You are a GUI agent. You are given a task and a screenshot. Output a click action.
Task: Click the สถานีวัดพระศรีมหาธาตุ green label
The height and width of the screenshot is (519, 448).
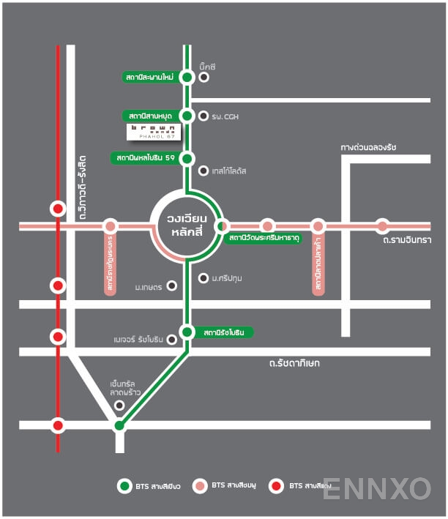[x=264, y=239]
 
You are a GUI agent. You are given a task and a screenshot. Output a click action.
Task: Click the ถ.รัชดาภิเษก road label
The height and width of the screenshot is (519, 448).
[x=294, y=363]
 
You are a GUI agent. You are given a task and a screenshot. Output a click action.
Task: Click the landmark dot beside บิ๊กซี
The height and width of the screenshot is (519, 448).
[x=204, y=77]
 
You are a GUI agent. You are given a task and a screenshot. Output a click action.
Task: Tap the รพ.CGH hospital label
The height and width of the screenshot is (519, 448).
[x=225, y=116]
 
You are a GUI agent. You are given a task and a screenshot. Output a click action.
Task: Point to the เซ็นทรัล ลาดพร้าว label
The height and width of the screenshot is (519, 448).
[x=125, y=389]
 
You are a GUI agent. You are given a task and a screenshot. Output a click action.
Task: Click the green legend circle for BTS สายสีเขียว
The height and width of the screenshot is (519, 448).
[x=124, y=485]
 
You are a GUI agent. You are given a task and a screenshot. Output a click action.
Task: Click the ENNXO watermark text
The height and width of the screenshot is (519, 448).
[x=376, y=488]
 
